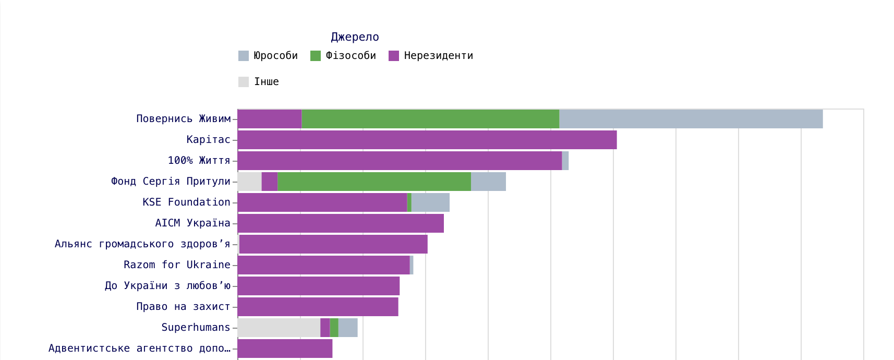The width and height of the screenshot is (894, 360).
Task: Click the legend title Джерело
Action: point(355,37)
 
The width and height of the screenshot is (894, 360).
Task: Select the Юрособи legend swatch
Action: point(244,56)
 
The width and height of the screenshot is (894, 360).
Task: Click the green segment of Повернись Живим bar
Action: point(430,119)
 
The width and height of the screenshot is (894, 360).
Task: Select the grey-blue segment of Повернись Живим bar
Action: point(691,119)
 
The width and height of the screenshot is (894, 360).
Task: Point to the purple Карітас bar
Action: point(427,140)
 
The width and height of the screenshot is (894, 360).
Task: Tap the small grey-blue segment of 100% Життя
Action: point(565,161)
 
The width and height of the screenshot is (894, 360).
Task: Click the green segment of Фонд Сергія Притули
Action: point(374,182)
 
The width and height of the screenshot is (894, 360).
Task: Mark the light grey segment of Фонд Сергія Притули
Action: point(249,182)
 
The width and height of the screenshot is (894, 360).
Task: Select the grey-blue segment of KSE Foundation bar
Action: point(430,202)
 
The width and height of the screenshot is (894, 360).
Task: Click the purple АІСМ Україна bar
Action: point(341,223)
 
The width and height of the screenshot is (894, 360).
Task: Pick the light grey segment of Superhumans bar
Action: point(279,328)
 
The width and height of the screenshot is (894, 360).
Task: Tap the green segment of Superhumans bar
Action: point(334,328)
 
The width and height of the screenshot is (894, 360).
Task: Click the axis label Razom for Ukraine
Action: point(177,265)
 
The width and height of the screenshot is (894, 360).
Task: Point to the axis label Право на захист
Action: point(183,307)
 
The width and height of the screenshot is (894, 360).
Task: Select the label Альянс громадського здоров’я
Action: point(142,244)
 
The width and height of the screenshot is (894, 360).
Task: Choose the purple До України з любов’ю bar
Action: point(318,286)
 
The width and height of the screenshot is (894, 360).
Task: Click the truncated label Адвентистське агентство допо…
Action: point(139,349)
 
